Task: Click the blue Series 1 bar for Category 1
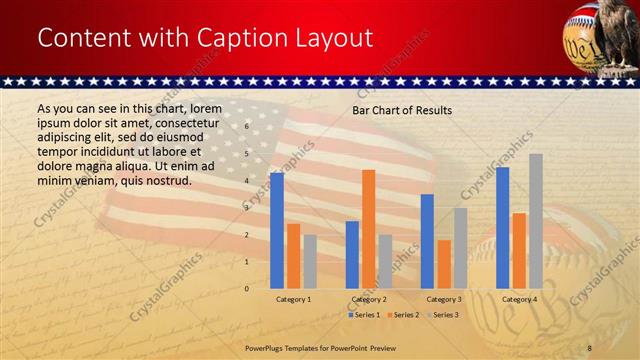pos(277,230)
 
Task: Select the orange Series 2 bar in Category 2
pos(368,229)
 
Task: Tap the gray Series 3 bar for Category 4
pos(536,221)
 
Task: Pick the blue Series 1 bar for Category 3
pos(427,241)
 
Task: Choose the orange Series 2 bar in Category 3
pos(444,264)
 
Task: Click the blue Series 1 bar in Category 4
pos(502,227)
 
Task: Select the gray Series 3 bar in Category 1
pos(310,261)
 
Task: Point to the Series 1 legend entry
pos(364,315)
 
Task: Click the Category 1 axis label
pos(293,299)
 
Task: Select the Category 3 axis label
pos(444,299)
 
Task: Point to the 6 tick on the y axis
pos(246,127)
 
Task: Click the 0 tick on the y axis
pos(246,288)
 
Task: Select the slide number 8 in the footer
pos(590,346)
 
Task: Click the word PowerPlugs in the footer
pos(268,346)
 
